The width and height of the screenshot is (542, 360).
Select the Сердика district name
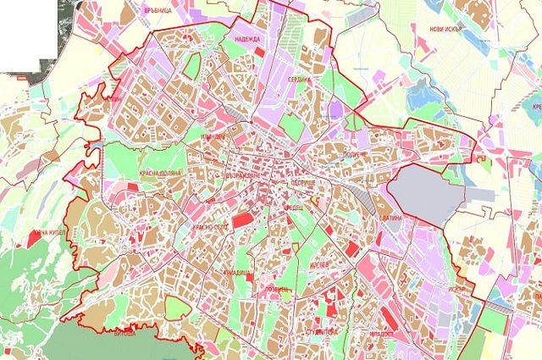point(301,80)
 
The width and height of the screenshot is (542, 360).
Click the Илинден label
point(213,136)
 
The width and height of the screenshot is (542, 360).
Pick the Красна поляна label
point(160,172)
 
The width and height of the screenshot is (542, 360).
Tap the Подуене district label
point(357,156)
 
